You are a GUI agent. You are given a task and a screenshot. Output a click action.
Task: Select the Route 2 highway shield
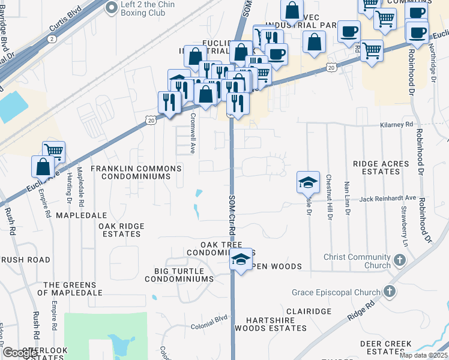[52, 38]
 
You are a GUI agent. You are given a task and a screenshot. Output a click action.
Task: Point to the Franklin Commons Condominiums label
[136, 173]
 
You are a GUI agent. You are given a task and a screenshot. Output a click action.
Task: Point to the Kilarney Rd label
[397, 124]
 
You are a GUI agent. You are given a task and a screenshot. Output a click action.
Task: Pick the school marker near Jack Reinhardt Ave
[308, 182]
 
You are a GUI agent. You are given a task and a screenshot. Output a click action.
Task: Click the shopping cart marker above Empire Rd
[53, 152]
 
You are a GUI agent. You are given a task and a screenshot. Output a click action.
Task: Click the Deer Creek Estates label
[385, 347]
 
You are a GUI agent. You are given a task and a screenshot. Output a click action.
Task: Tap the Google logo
[19, 352]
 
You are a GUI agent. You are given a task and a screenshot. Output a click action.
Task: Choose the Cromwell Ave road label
[193, 133]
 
